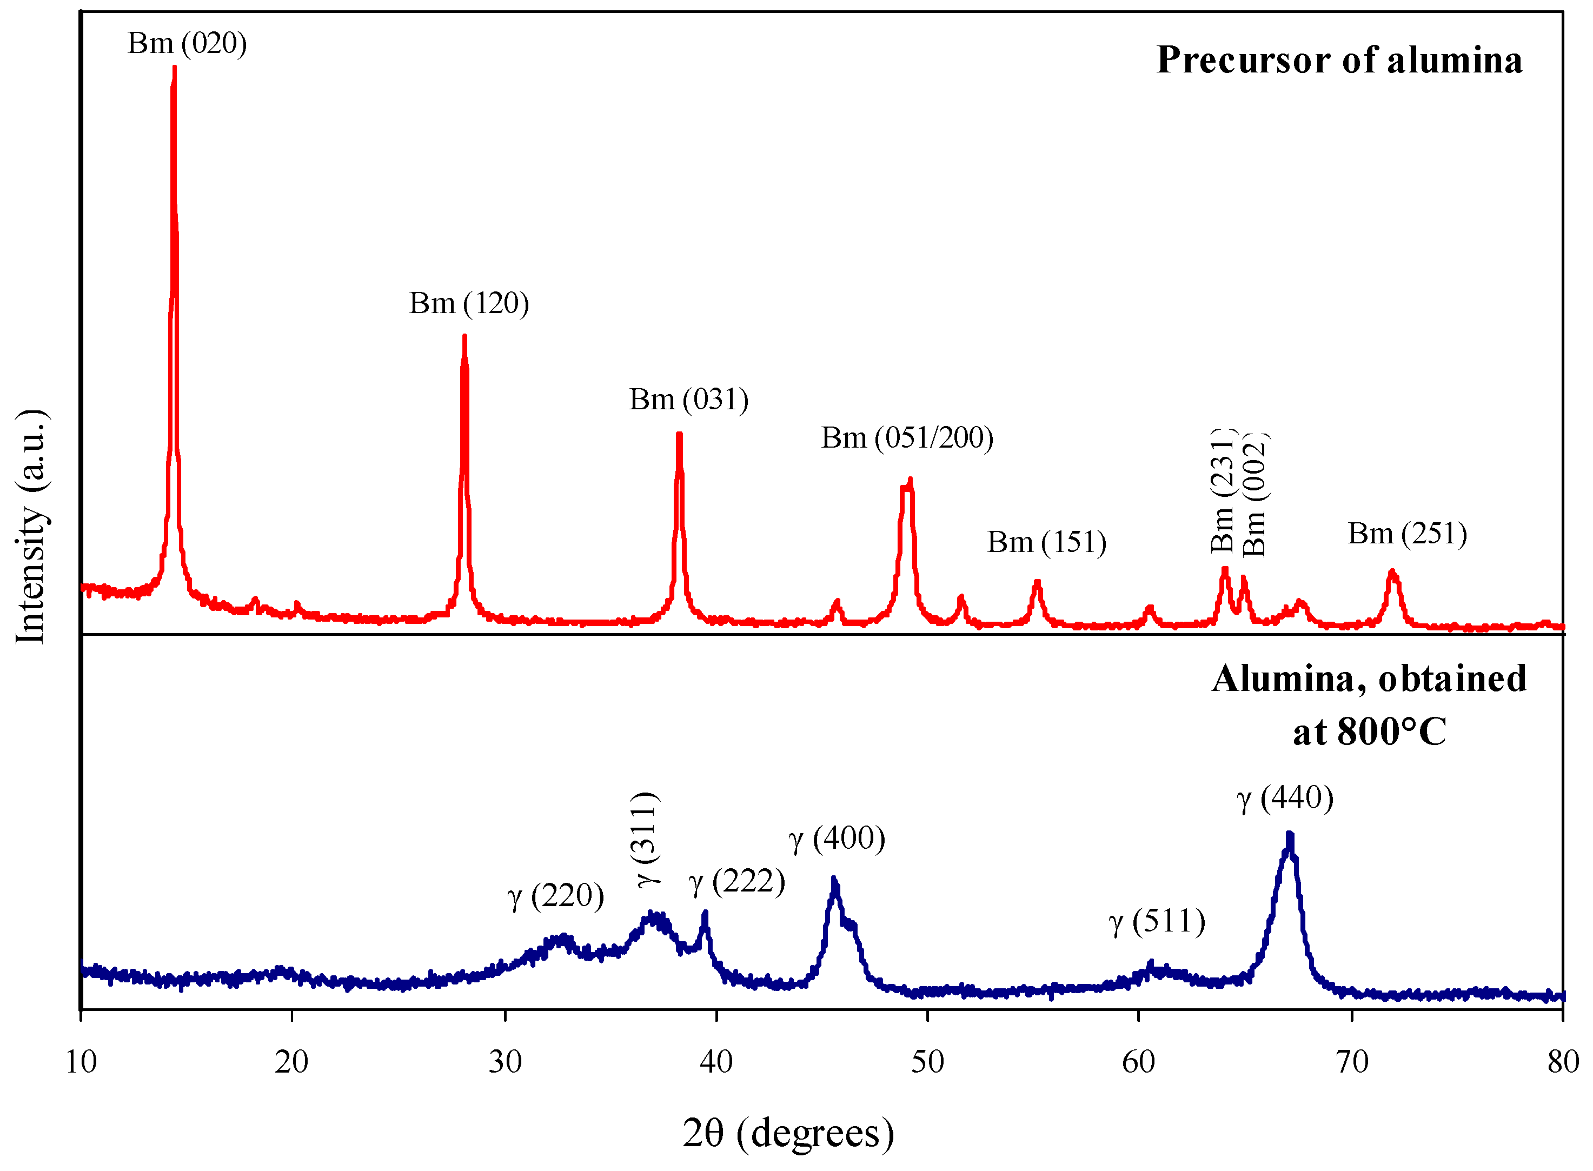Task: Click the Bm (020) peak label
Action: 187,44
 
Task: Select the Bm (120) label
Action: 469,303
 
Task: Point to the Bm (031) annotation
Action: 688,400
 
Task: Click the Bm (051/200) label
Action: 907,438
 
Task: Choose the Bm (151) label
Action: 1046,542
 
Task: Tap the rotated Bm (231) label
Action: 1222,490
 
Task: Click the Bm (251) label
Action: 1406,534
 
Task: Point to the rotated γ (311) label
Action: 648,839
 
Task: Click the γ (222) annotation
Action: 736,882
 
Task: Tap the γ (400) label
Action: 837,839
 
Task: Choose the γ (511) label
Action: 1156,921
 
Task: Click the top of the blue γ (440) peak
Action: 1290,835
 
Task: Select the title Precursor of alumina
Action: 1339,59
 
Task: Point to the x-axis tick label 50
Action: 927,1062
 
